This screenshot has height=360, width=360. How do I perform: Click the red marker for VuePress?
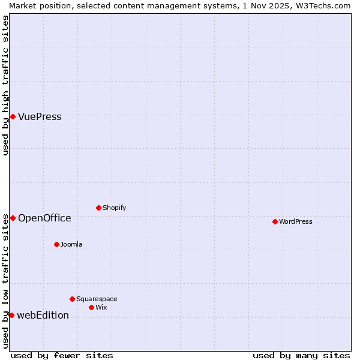coord(13,116)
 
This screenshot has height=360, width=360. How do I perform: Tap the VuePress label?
coord(40,117)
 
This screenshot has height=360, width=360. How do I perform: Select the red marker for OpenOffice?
coord(13,218)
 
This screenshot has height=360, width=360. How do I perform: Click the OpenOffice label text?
coord(44,218)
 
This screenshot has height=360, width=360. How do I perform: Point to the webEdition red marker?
coord(11,315)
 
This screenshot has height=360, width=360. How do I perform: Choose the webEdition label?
coord(43,316)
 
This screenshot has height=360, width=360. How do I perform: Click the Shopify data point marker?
coord(98,208)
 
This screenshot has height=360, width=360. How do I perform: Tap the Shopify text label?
coord(114,208)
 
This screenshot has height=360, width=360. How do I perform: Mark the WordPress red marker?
coord(275,221)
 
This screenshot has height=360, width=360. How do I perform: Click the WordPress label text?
coord(296,222)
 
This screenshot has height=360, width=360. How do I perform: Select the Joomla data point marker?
coord(56,244)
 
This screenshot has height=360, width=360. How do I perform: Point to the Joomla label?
coord(71,245)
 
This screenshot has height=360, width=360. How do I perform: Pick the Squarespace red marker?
coord(72,299)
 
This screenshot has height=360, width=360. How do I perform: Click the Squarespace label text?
coord(97,299)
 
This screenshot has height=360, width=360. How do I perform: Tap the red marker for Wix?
coord(91,307)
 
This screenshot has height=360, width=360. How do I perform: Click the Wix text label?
coord(101,308)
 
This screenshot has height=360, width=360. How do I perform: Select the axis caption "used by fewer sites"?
coord(62,355)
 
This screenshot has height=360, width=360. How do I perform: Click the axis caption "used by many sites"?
coord(301,355)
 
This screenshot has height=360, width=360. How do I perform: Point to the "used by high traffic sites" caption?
coord(6,85)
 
